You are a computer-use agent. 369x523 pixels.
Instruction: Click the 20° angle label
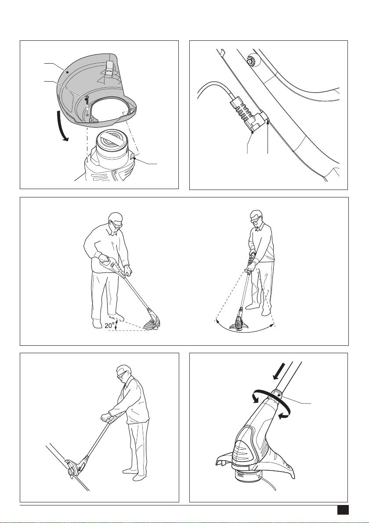click(x=109, y=325)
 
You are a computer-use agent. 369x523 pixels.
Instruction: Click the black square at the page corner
click(x=343, y=510)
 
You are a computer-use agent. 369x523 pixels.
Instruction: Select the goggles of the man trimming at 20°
click(x=118, y=223)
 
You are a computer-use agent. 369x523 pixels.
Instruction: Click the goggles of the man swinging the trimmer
click(x=256, y=219)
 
